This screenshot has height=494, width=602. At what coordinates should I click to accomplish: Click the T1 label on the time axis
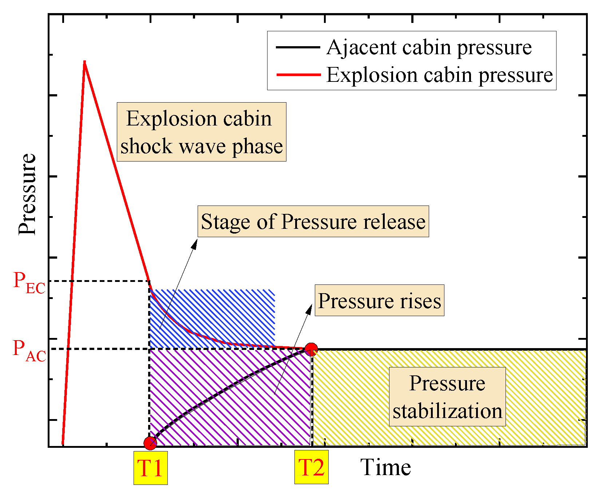click(150, 468)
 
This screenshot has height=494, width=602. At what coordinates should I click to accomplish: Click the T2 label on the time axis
click(311, 467)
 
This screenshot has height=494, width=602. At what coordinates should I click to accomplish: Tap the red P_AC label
click(29, 350)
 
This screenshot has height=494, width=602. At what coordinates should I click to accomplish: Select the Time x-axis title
click(385, 467)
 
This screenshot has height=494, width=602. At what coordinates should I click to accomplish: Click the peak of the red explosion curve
click(84, 62)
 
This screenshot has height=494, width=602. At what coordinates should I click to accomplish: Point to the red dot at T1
click(150, 443)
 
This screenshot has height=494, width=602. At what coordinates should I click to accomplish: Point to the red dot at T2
click(311, 349)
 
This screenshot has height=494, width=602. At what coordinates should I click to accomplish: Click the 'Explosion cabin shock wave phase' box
click(201, 132)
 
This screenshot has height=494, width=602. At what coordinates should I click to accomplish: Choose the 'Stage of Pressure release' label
click(313, 221)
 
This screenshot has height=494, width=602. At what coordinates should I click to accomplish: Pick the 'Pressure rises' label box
click(379, 300)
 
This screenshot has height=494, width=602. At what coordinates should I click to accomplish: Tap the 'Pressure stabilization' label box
click(447, 397)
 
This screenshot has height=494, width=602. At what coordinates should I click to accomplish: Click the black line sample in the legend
click(298, 47)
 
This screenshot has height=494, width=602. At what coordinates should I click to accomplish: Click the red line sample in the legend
click(298, 75)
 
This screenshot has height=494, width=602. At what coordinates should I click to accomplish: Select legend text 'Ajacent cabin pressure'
click(429, 47)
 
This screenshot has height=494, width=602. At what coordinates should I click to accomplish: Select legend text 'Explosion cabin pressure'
click(439, 75)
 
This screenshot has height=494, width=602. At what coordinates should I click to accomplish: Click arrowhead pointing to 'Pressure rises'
click(309, 309)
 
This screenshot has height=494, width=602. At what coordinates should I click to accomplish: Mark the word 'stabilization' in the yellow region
click(447, 411)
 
